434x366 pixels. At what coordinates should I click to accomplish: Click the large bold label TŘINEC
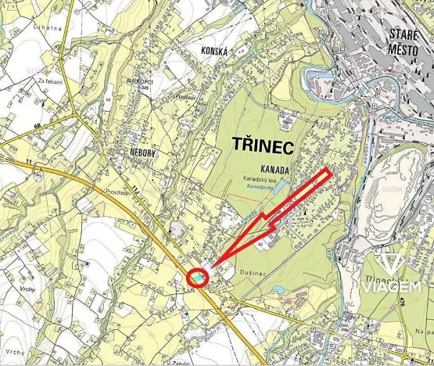[x=261, y=146]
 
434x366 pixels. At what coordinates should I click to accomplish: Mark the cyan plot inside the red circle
[x=199, y=276]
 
